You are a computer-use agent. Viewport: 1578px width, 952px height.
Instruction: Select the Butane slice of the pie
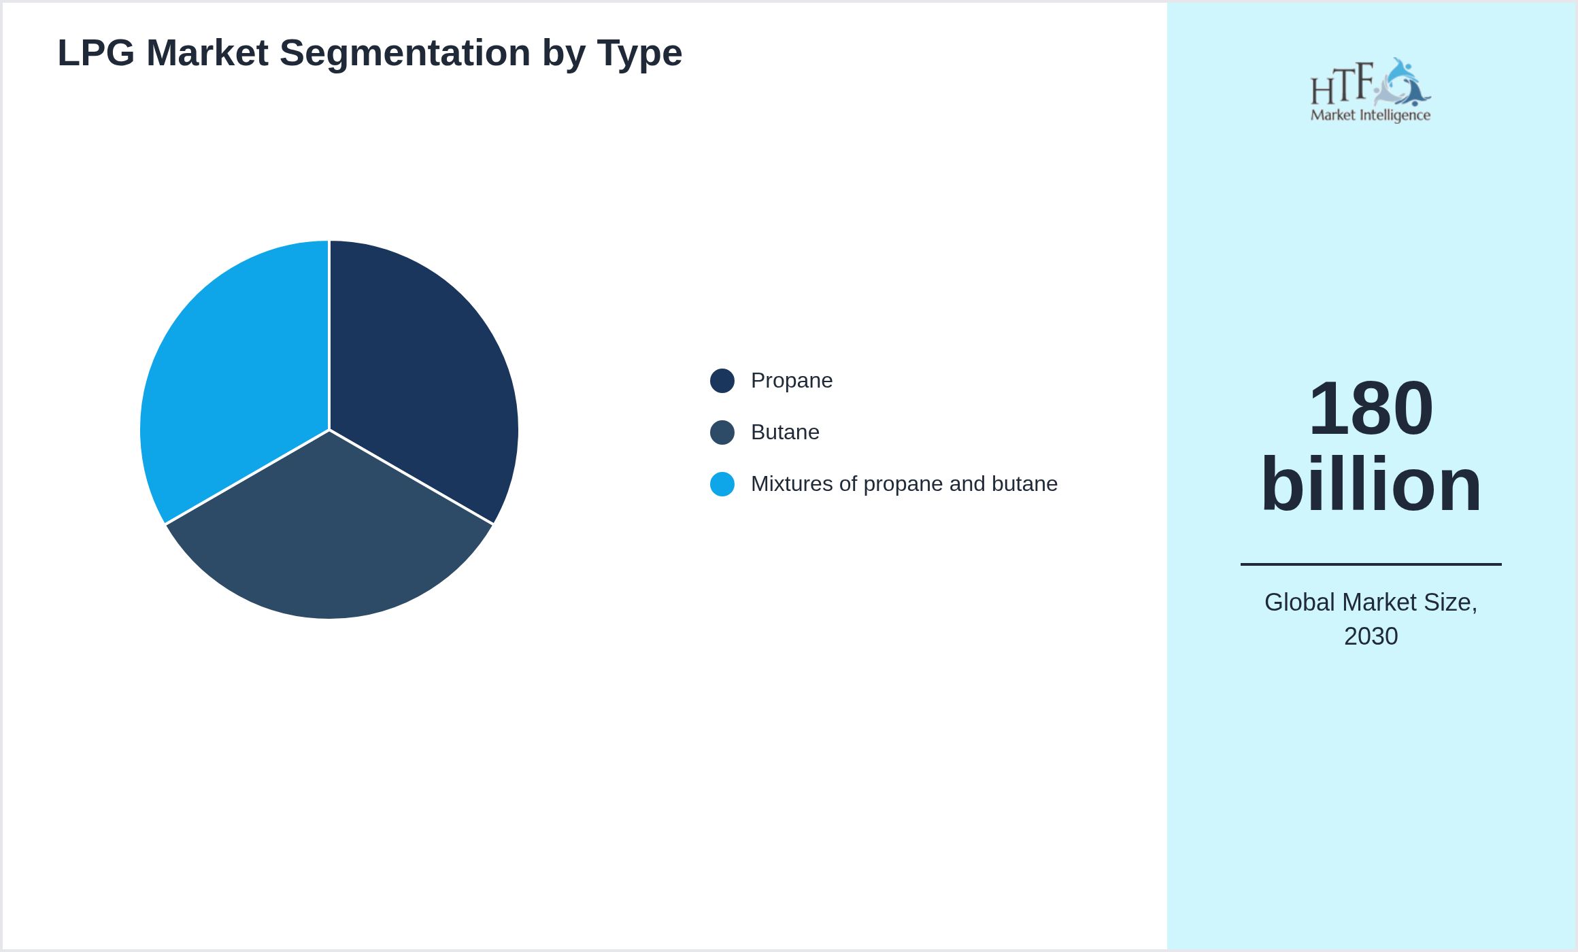[329, 537]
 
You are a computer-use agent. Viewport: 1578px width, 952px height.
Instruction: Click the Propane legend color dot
[722, 381]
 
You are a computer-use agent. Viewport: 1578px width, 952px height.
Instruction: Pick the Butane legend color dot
[722, 432]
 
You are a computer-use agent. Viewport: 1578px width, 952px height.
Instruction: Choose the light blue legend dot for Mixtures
[722, 484]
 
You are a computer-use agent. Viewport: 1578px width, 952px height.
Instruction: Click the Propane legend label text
[791, 381]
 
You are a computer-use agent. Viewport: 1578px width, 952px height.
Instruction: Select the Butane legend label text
[785, 432]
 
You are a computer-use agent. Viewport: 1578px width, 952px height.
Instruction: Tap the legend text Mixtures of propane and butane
[904, 484]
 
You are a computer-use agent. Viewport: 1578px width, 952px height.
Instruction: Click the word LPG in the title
[96, 53]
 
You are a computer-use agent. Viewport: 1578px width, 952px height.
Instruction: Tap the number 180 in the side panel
[1371, 408]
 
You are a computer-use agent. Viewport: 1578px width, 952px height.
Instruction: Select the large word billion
[1371, 484]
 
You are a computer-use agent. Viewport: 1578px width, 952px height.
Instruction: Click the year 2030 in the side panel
[1371, 636]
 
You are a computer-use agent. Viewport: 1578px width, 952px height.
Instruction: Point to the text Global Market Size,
[1371, 602]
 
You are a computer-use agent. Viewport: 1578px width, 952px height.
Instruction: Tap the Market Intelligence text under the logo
[1371, 115]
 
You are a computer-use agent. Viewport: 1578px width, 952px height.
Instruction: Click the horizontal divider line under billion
[1371, 564]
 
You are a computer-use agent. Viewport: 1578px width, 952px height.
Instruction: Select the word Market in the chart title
[207, 53]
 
